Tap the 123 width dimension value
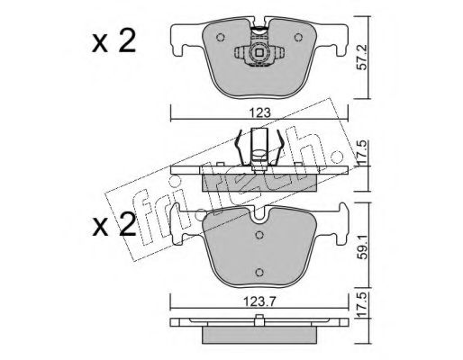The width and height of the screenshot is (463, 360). (259, 113)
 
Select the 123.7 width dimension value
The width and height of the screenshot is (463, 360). (259, 301)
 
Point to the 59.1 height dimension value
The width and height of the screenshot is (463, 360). (363, 247)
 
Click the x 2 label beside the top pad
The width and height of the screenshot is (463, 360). (113, 42)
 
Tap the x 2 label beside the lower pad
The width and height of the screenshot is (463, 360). (113, 224)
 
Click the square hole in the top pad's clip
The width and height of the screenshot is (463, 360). (259, 53)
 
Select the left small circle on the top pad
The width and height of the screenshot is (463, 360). (221, 38)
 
